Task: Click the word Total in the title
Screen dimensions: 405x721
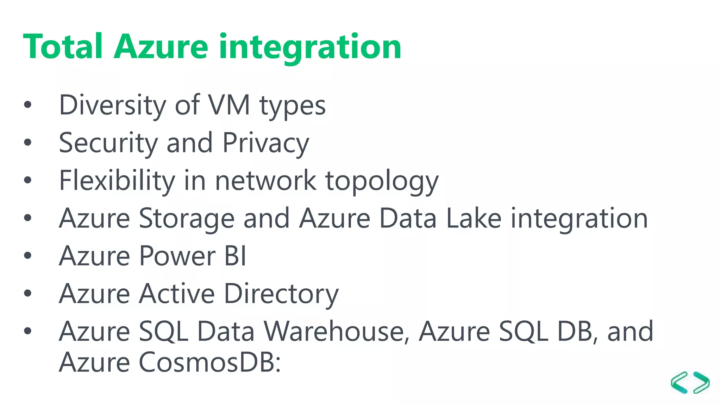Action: [63, 46]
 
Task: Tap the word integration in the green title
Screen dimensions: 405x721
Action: [310, 47]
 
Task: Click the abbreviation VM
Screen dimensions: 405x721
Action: [229, 105]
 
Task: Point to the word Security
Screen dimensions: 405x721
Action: [108, 143]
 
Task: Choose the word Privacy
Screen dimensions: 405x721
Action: [266, 143]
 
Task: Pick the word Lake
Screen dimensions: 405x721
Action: [474, 218]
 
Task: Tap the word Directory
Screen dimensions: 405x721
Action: [281, 294]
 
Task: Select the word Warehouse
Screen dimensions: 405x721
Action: [336, 332]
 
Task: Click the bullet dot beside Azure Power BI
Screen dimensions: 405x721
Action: [28, 256]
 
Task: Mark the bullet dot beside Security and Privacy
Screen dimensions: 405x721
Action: [28, 142]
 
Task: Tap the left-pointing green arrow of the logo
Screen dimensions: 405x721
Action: [679, 382]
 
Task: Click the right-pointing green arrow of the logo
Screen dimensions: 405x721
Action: [701, 382]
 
